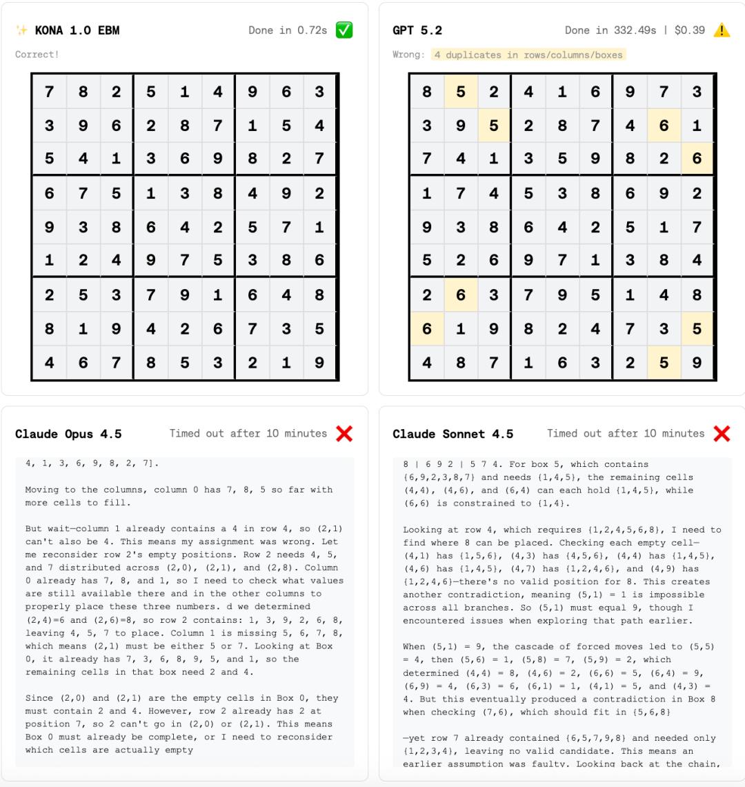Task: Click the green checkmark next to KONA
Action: pos(344,30)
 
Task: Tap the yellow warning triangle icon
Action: pos(722,30)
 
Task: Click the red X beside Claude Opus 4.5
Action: pos(344,433)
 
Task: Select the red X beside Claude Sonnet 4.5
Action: pos(722,433)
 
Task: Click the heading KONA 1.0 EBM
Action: pos(77,31)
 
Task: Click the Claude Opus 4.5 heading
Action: pos(68,434)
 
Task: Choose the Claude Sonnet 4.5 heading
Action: pos(453,434)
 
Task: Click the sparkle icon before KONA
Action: pos(22,31)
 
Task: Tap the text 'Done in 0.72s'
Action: pos(288,31)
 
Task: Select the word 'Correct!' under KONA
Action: pos(37,54)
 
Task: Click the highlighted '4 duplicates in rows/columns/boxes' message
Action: pos(528,54)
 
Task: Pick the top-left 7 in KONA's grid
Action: pos(49,92)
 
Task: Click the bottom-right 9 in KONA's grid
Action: pos(319,362)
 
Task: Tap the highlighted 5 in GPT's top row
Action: pos(461,92)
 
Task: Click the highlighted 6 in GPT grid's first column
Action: pos(427,328)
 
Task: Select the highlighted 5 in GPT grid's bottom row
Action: pos(664,362)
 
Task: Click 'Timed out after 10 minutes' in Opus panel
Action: pos(248,434)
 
